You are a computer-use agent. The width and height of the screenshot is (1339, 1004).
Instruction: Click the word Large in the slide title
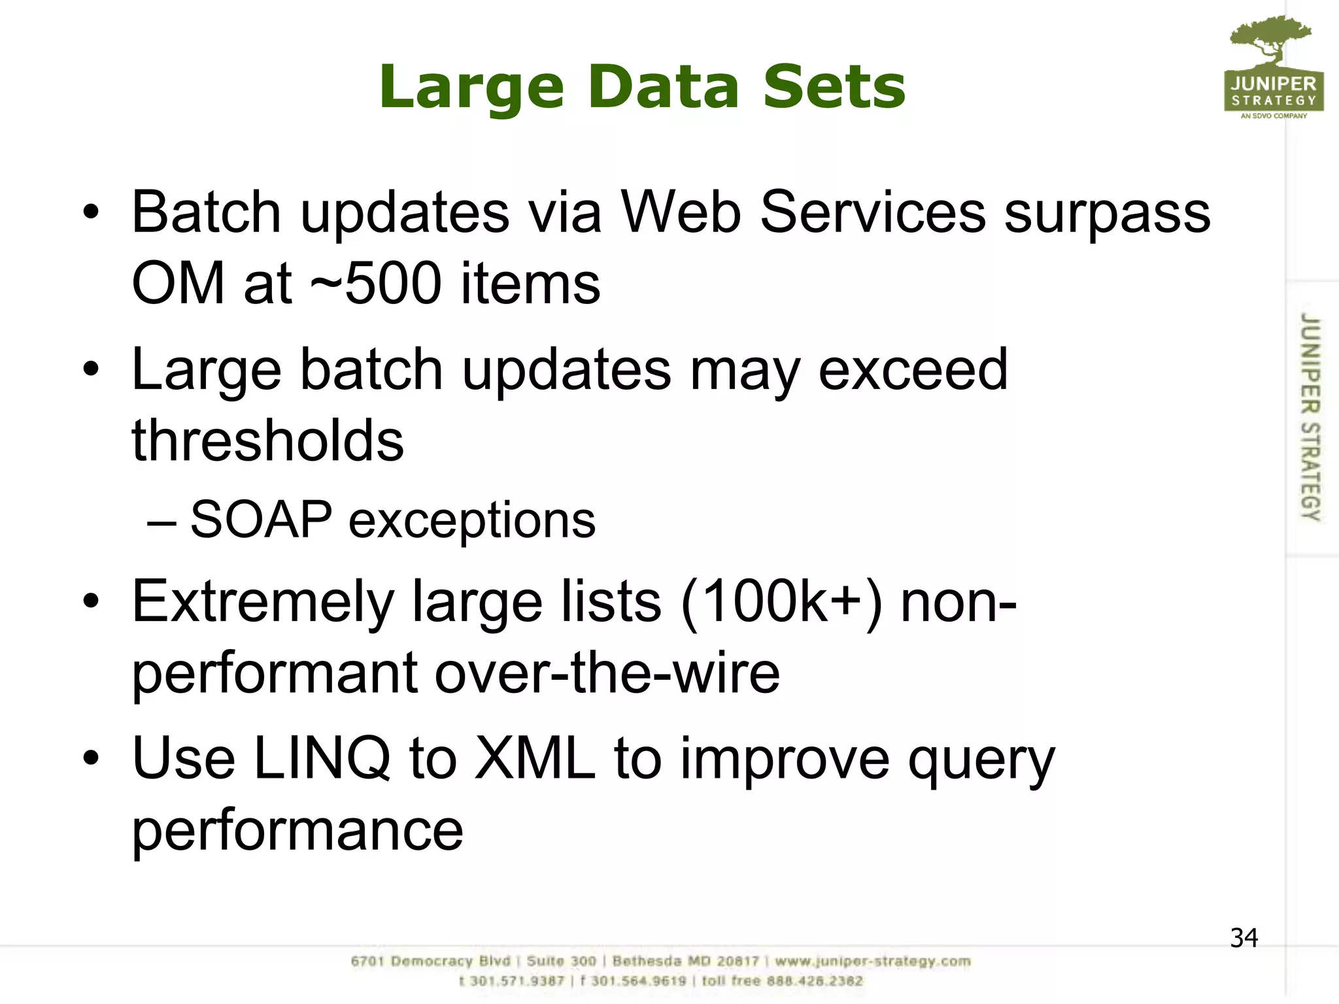tap(471, 88)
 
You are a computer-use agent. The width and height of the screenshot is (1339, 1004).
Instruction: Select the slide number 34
tap(1244, 938)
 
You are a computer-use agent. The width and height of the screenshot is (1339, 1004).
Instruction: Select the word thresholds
tap(267, 440)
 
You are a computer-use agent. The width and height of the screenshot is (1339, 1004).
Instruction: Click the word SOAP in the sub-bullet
tap(262, 520)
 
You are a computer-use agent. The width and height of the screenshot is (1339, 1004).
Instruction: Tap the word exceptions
tap(471, 521)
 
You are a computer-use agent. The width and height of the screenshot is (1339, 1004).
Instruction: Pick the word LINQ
tap(322, 758)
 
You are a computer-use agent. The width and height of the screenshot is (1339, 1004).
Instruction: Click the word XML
tap(535, 758)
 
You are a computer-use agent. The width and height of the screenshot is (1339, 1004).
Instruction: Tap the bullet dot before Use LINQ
tap(91, 758)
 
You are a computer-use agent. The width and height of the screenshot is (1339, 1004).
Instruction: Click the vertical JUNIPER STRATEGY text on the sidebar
tap(1310, 417)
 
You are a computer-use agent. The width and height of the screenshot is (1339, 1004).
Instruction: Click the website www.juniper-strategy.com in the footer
tap(873, 962)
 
